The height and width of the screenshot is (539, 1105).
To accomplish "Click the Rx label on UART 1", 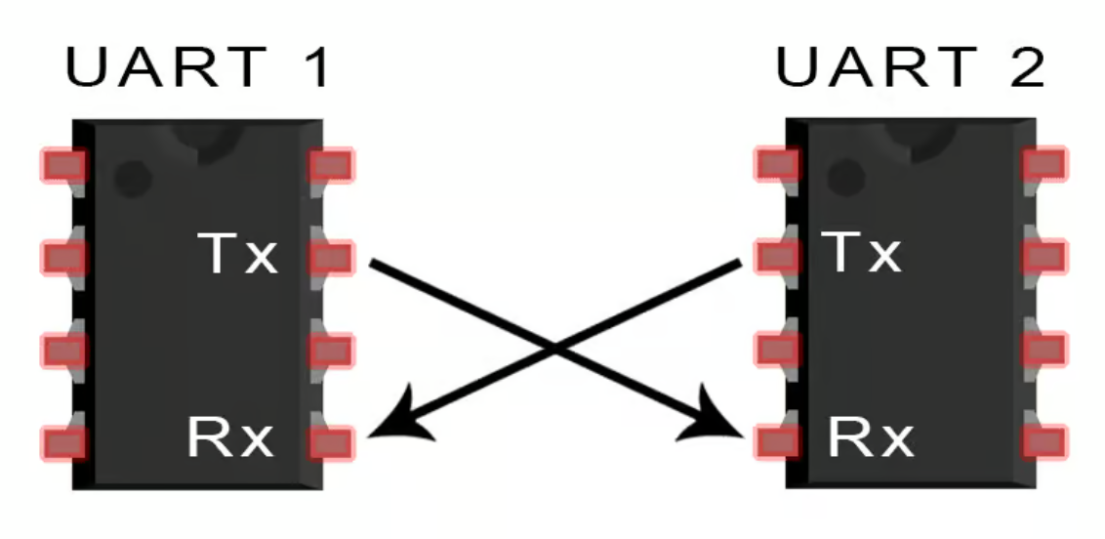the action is click(x=230, y=437).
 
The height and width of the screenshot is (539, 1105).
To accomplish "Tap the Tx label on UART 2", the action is click(x=862, y=252).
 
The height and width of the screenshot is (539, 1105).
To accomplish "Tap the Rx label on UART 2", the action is click(x=871, y=437).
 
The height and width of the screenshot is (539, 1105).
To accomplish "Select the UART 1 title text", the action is click(x=197, y=67).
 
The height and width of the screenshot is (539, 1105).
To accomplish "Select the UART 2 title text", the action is click(x=911, y=67).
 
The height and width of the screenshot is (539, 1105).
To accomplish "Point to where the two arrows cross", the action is click(x=556, y=348).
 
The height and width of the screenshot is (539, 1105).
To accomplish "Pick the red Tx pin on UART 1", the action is click(x=331, y=257).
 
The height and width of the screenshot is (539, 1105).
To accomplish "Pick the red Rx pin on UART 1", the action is click(x=331, y=443).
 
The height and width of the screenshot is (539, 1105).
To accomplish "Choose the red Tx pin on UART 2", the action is click(x=777, y=256).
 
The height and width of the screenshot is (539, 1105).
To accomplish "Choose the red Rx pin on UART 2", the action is click(x=777, y=442).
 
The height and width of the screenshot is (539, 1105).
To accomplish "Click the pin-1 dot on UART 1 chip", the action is click(x=133, y=179).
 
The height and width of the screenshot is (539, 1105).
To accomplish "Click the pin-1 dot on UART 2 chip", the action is click(x=845, y=177).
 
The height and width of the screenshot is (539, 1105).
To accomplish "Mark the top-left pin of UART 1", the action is click(x=64, y=166).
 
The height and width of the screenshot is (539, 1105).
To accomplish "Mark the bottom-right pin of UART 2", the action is click(x=1045, y=442).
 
